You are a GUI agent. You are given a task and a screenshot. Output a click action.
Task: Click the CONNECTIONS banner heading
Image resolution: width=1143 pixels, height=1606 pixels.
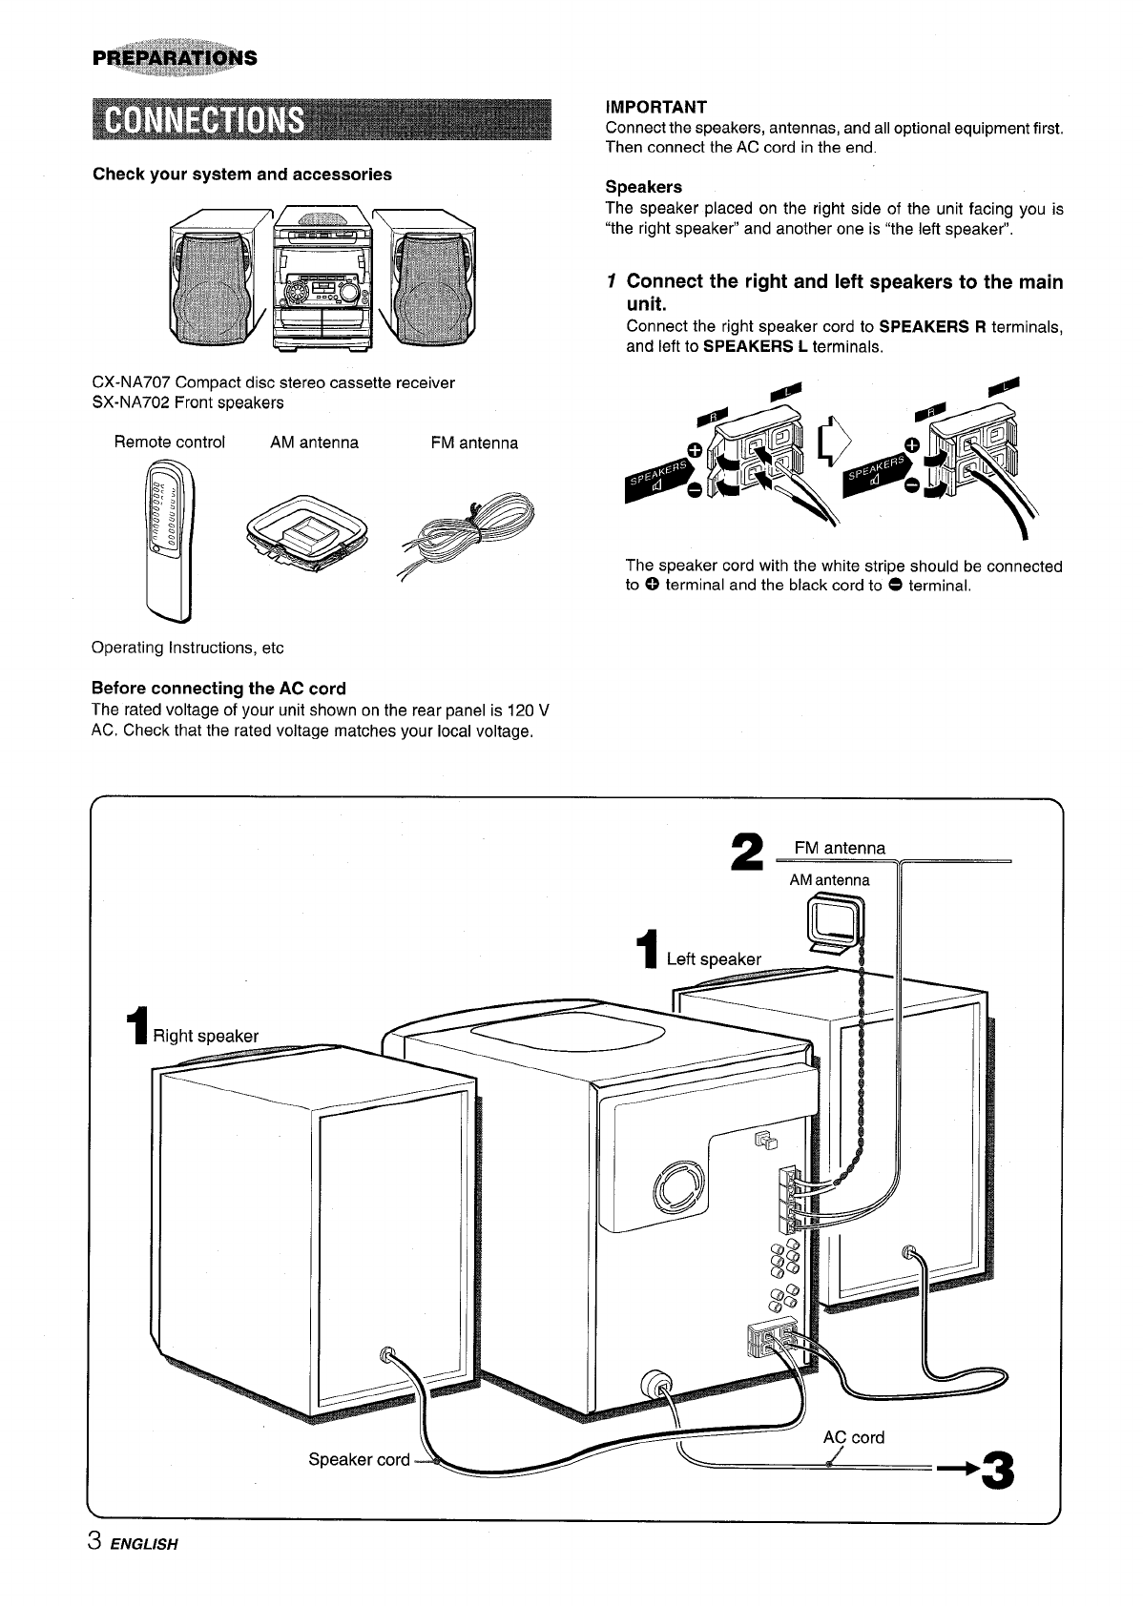pyautogui.click(x=204, y=120)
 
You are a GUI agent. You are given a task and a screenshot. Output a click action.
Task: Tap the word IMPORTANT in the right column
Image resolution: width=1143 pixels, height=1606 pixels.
pyautogui.click(x=655, y=106)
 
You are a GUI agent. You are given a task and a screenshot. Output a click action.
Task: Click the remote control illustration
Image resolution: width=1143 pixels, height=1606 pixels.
pyautogui.click(x=169, y=539)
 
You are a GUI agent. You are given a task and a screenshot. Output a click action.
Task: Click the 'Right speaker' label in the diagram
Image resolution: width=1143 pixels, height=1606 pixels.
pyautogui.click(x=205, y=1036)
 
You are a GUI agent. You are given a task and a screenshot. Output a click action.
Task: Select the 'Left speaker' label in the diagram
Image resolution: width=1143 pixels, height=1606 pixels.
pyautogui.click(x=713, y=959)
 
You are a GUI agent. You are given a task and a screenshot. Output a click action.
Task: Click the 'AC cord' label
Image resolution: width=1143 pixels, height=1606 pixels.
pyautogui.click(x=853, y=1437)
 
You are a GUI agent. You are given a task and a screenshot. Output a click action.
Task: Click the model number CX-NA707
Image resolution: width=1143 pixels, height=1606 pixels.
pyautogui.click(x=131, y=382)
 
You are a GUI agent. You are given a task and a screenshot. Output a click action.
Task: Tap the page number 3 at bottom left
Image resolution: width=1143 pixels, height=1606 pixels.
pyautogui.click(x=94, y=1542)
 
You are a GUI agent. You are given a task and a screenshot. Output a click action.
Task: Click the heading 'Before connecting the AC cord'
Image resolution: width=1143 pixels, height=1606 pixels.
pyautogui.click(x=218, y=688)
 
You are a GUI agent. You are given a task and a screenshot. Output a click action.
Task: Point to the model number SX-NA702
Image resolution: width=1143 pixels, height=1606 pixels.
pyautogui.click(x=130, y=402)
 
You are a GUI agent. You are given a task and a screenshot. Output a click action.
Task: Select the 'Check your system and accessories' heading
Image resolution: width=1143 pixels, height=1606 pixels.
pyautogui.click(x=241, y=175)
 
